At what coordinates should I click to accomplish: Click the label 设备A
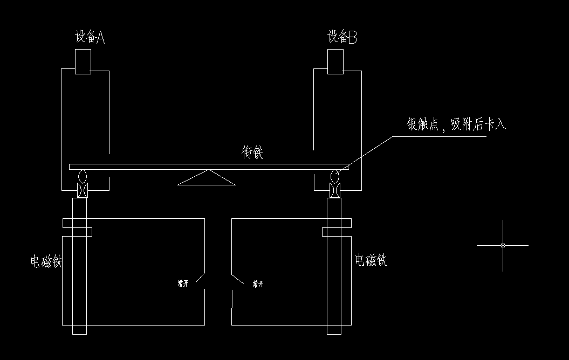(90, 37)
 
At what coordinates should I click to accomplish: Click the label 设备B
(342, 37)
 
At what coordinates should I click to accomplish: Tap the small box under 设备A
(83, 61)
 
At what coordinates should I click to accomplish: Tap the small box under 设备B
(335, 61)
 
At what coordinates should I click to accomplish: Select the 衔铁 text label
(252, 153)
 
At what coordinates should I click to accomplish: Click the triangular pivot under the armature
(207, 179)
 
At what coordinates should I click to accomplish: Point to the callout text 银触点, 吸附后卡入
(456, 124)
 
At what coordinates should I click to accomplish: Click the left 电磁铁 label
(47, 262)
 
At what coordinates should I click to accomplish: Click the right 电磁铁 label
(371, 260)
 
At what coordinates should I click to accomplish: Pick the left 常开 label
(183, 284)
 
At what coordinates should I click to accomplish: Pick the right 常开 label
(258, 284)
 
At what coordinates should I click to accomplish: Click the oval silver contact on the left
(82, 176)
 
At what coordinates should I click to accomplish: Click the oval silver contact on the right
(335, 176)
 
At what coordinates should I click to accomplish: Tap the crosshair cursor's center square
(503, 245)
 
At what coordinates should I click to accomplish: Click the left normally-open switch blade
(200, 277)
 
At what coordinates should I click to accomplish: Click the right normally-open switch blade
(237, 277)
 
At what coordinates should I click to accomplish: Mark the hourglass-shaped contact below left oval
(82, 190)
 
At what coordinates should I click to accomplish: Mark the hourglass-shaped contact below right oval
(335, 190)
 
